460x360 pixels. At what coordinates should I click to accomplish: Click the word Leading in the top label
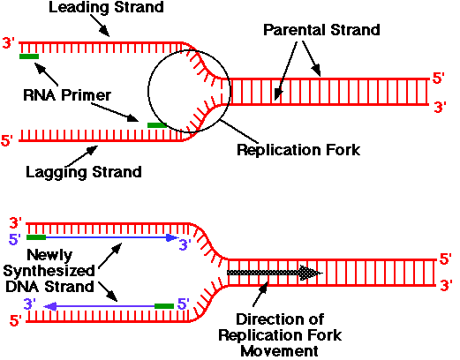[x=79, y=8]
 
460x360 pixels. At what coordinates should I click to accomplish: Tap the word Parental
[x=295, y=30]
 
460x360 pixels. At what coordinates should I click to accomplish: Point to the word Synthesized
[x=49, y=271]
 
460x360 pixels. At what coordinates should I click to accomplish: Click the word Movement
[x=279, y=351]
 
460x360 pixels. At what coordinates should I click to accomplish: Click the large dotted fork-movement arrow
[x=274, y=273]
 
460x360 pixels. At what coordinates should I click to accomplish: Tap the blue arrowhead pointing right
[x=172, y=237]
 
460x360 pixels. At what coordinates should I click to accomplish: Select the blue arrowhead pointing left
[x=49, y=307]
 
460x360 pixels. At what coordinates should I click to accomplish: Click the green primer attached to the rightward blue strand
[x=36, y=237]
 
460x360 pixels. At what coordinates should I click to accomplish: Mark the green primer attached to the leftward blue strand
[x=164, y=306]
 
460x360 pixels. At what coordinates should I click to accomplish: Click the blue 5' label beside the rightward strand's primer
[x=14, y=239]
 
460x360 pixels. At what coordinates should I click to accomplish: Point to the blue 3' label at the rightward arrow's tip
[x=185, y=244]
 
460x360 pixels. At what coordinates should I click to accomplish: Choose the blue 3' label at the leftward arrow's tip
[x=30, y=304]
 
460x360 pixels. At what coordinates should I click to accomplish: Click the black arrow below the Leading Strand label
[x=100, y=26]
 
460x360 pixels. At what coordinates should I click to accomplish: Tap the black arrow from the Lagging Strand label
[x=83, y=156]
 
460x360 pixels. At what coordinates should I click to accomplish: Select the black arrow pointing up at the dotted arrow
[x=260, y=294]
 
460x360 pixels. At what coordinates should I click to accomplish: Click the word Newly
[x=49, y=255]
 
